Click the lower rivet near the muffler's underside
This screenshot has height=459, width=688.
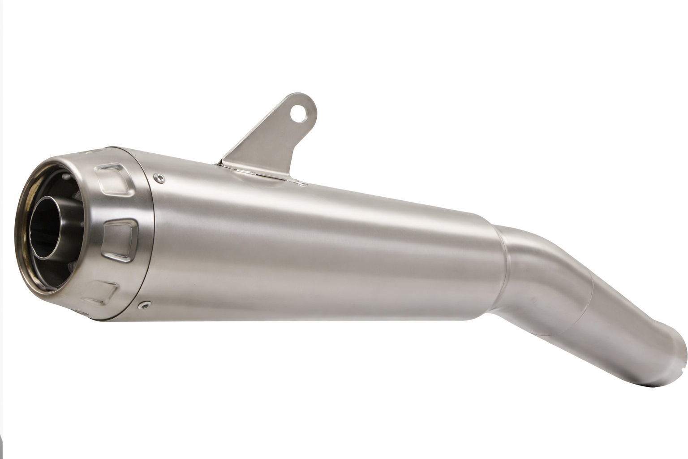pyautogui.click(x=143, y=306)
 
